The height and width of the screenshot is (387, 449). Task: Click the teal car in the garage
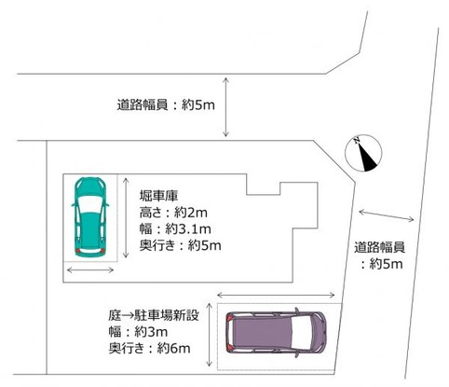[90, 217]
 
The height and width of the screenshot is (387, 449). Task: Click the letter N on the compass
[355, 142]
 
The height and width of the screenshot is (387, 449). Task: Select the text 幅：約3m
[138, 332]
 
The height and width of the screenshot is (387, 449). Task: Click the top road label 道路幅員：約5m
[154, 104]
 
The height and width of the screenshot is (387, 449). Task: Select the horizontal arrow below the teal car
[90, 270]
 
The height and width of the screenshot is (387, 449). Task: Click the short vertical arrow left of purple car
[224, 330]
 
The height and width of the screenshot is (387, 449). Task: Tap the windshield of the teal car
[89, 202]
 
